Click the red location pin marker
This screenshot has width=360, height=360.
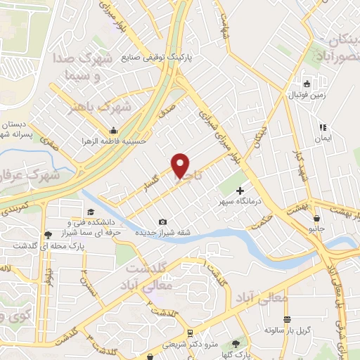coord(181,166)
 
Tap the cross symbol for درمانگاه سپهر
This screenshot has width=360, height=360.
coord(240,191)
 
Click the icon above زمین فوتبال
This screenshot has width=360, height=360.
coord(307,82)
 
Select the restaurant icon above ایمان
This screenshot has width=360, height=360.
coord(323,128)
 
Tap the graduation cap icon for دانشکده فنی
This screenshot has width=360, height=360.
coord(90,212)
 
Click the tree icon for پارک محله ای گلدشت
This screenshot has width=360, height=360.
coord(48,235)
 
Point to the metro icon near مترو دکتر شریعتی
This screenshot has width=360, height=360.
coord(191,333)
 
